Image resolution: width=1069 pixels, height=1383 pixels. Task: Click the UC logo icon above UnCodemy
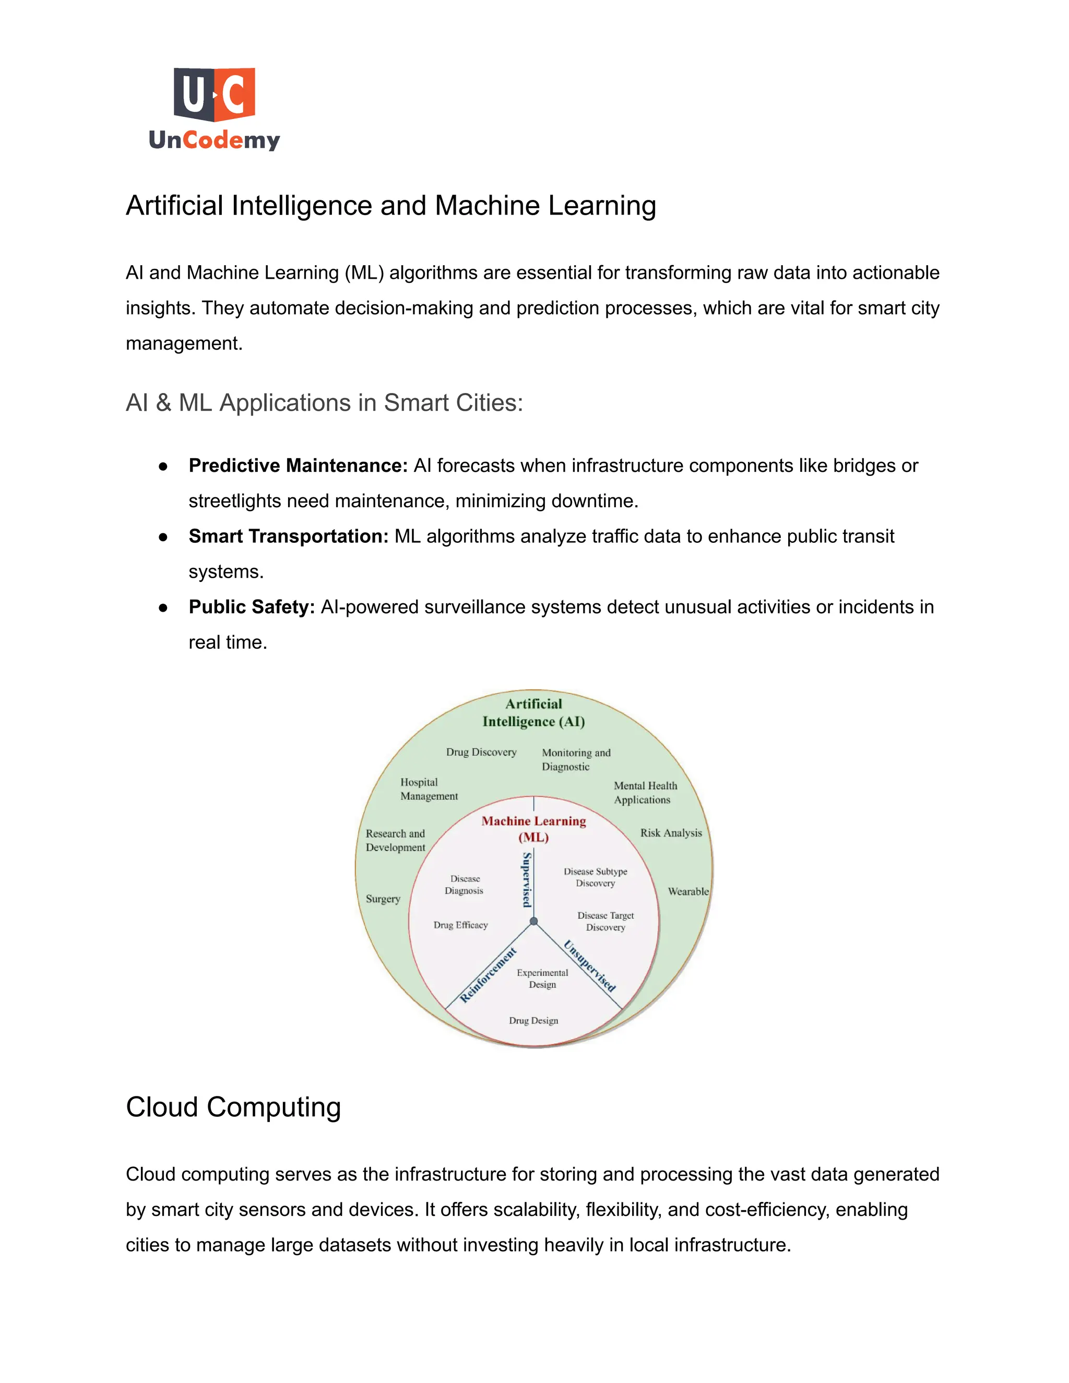(214, 94)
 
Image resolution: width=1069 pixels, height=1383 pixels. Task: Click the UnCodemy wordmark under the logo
(214, 140)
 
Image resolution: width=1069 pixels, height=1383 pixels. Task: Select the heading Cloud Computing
(233, 1107)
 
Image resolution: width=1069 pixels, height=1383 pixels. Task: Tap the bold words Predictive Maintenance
(298, 466)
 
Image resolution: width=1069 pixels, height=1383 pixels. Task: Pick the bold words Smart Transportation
(288, 536)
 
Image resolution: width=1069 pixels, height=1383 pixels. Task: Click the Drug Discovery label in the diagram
(481, 752)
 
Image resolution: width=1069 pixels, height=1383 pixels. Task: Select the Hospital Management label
(428, 789)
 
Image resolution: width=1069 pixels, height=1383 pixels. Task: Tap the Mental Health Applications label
(645, 793)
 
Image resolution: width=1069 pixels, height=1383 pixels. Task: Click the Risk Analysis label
(671, 833)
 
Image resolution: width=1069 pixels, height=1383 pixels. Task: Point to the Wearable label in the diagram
(688, 891)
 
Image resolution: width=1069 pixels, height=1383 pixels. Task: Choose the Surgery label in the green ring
(383, 899)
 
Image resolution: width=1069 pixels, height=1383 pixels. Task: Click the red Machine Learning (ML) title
(533, 829)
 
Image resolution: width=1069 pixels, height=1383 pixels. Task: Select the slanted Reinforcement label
(488, 975)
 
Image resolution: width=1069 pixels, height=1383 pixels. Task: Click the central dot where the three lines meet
(534, 921)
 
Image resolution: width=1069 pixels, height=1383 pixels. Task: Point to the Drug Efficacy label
(460, 925)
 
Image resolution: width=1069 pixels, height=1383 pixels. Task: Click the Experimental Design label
(542, 979)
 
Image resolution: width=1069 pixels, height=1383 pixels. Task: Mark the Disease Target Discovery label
(605, 921)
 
